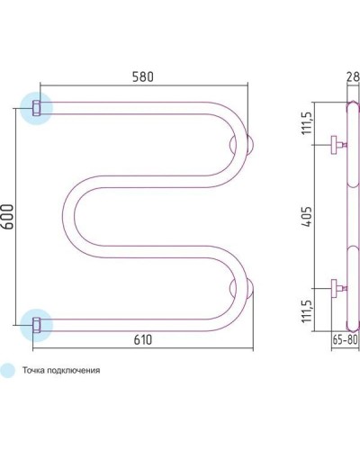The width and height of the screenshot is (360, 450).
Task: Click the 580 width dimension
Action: coord(142,76)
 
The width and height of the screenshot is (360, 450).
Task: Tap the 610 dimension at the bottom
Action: coord(143,340)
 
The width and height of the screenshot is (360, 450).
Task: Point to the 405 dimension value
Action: coord(307,217)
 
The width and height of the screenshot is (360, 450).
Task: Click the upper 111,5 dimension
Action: coord(307,123)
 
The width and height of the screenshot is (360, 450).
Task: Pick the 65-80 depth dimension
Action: coord(345,340)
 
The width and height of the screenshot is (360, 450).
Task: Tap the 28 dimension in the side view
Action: coord(353,76)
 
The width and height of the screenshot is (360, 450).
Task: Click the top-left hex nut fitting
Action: coord(36,108)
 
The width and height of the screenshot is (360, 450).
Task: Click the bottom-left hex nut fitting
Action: coord(36,325)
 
